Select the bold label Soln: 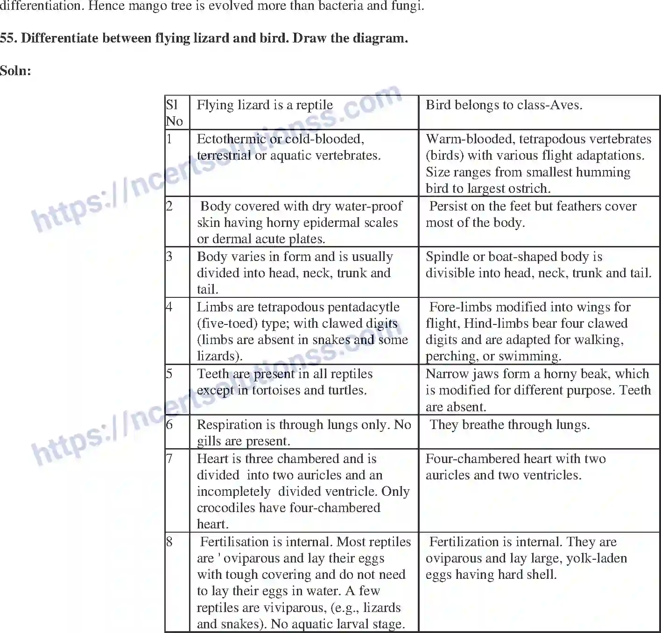[15, 71]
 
